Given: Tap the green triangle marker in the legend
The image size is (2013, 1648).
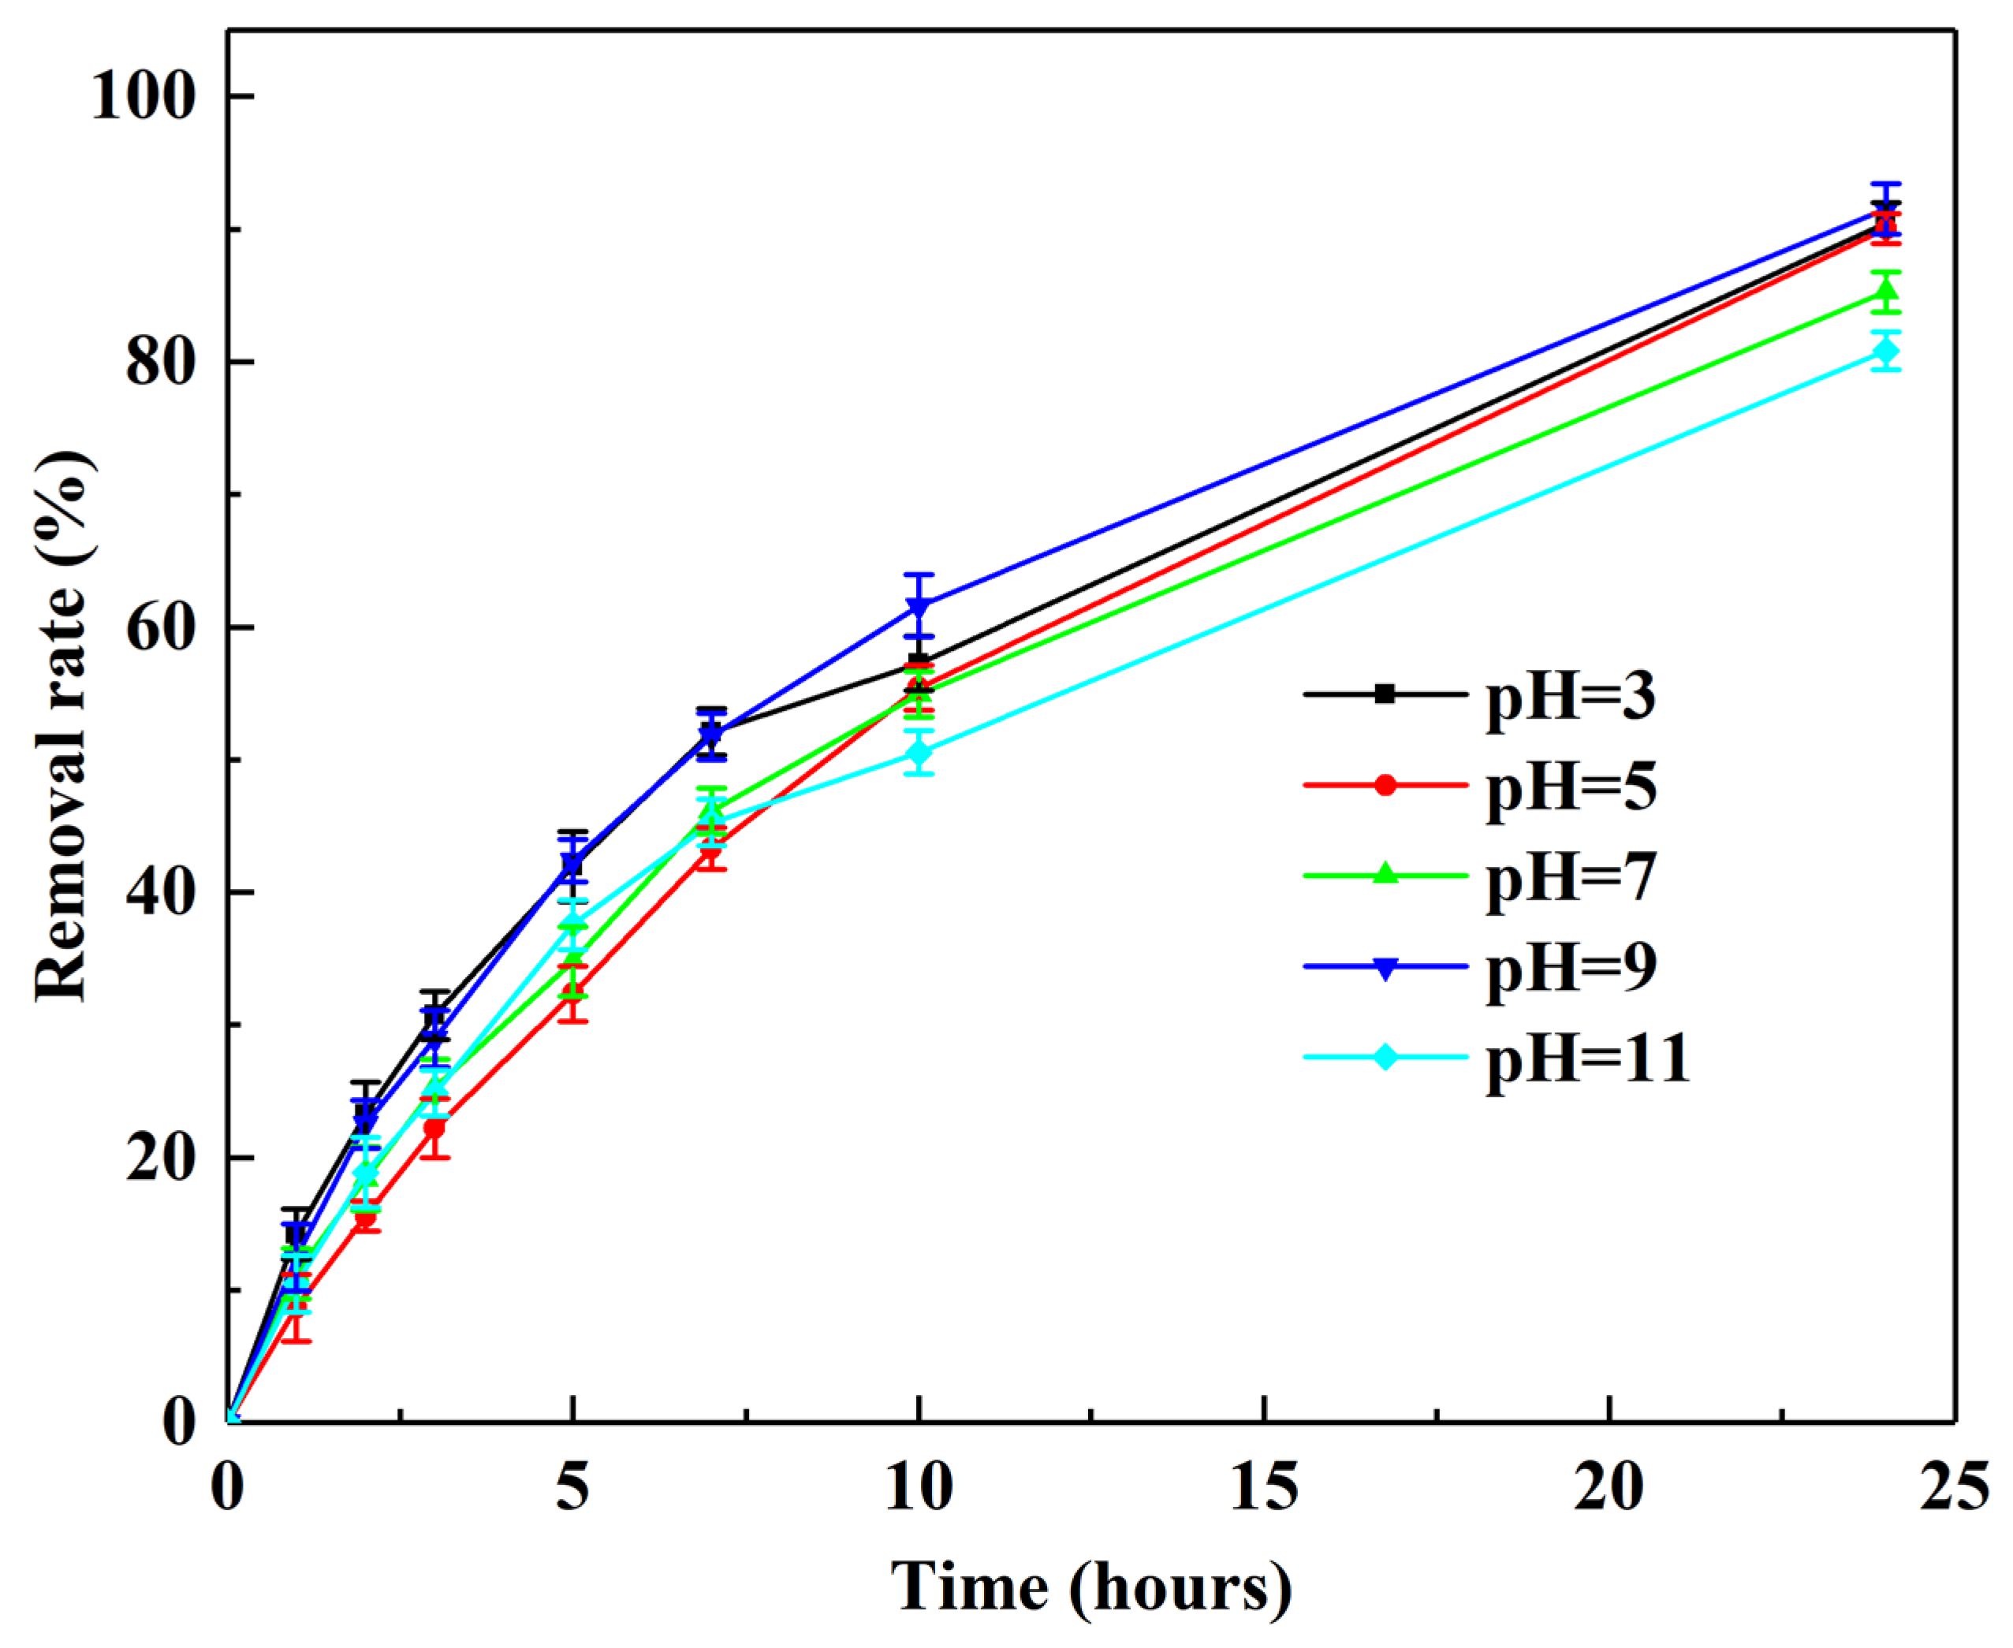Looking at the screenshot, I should [1385, 874].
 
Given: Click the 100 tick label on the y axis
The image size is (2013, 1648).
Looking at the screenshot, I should [145, 97].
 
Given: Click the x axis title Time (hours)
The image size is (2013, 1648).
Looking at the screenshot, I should [1091, 1587].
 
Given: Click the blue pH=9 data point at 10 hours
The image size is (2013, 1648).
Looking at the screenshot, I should [919, 605].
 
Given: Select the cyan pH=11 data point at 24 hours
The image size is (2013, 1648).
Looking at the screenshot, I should [1886, 352].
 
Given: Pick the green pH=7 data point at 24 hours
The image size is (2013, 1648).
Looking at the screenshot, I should [1886, 292].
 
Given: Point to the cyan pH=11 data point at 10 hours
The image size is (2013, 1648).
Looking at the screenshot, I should [919, 753].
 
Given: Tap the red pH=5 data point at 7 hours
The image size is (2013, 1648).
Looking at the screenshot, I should [711, 846].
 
